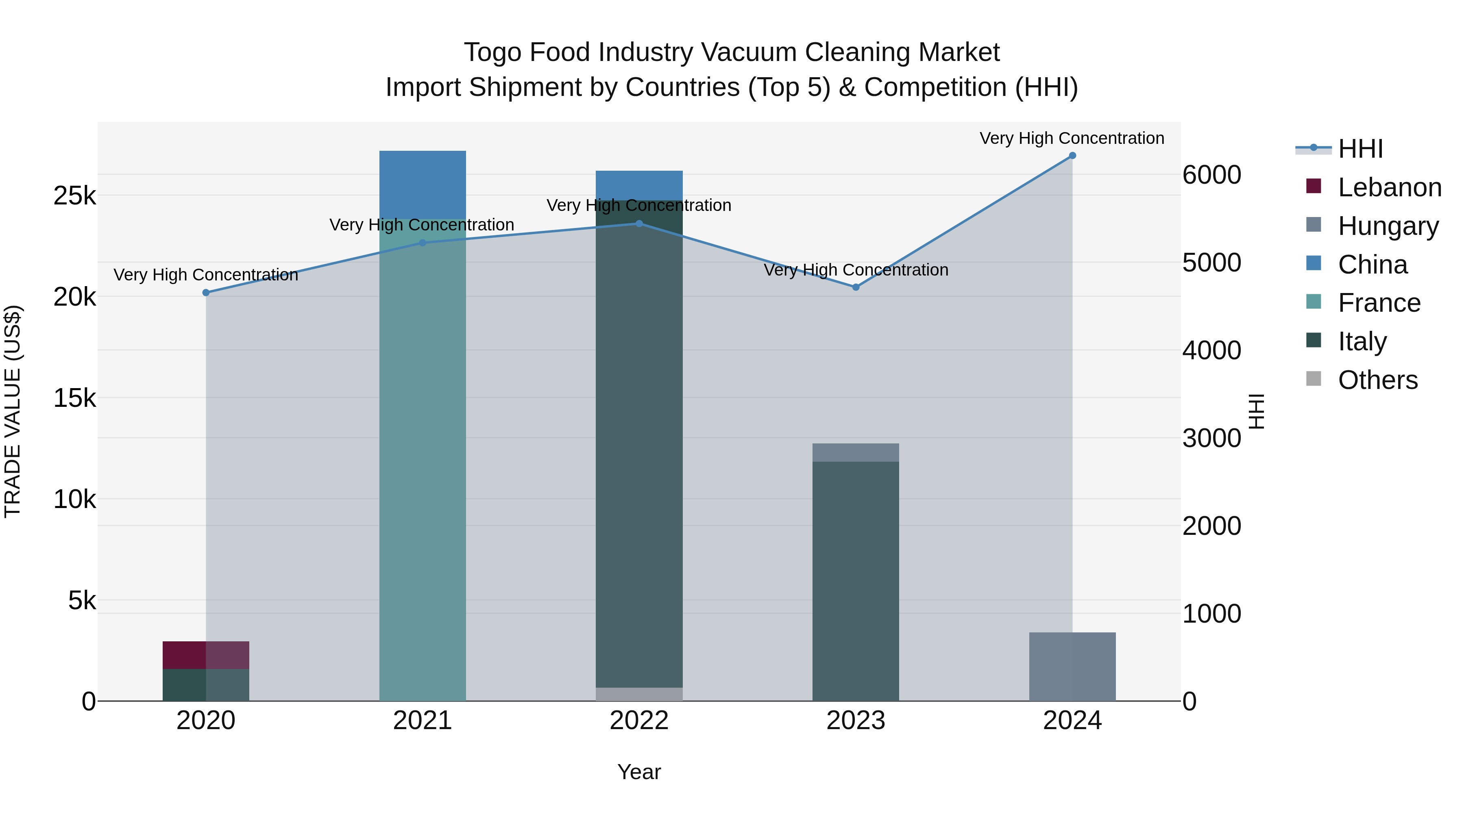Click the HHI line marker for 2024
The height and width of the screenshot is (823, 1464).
tap(1072, 156)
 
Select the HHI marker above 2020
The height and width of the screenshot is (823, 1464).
tap(206, 293)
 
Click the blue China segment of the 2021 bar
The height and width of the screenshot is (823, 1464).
tap(422, 185)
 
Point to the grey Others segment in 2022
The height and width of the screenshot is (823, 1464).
tap(639, 694)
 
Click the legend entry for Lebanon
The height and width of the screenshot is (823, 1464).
tap(1389, 187)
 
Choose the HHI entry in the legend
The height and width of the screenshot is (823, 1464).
tap(1360, 149)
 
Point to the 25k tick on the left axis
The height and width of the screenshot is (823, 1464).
tap(74, 196)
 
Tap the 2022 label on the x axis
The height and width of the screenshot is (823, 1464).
tap(639, 721)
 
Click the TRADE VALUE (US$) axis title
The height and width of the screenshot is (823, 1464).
tap(13, 411)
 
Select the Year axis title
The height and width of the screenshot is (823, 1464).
tap(639, 772)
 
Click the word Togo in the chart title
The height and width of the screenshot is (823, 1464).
tap(492, 52)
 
